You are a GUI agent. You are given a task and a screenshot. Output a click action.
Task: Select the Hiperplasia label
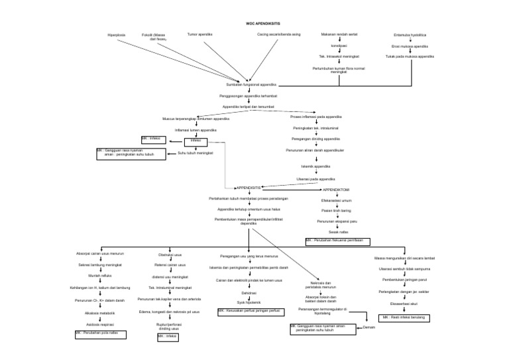click(x=116, y=34)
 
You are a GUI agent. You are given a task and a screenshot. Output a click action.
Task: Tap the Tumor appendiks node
click(x=199, y=33)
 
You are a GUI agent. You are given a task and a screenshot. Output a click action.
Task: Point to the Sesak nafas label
click(x=339, y=231)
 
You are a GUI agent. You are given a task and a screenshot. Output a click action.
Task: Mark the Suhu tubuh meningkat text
click(x=195, y=153)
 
